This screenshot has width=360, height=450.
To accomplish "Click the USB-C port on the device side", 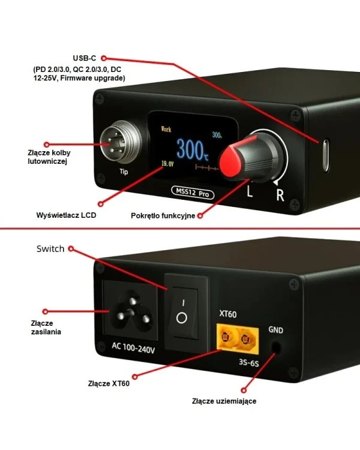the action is [325, 155].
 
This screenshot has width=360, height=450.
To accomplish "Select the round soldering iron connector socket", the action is [121, 142].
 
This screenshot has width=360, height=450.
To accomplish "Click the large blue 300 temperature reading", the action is [192, 149].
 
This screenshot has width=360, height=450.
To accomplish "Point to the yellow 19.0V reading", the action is [167, 164].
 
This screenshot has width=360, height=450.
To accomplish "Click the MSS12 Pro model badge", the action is [193, 192].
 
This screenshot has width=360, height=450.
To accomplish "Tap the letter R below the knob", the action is [280, 194].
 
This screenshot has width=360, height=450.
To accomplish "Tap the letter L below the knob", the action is [250, 191].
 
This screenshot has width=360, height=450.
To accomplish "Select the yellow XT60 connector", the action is [238, 339].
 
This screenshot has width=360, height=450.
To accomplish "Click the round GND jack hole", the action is [276, 347].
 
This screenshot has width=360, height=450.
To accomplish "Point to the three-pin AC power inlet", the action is [131, 310].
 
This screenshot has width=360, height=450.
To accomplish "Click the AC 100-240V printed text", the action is [133, 348].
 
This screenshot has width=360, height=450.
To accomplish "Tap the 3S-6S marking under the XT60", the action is [248, 363].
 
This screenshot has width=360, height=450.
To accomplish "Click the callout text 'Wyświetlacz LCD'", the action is [66, 215].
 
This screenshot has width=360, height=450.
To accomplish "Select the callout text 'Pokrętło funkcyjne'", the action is [163, 215].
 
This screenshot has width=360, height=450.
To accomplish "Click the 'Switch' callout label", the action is [50, 249].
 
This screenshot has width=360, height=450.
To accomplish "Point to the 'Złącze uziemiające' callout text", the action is [224, 401].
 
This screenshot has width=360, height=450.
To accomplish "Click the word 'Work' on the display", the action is [166, 129].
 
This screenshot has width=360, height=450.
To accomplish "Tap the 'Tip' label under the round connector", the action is [124, 172].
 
